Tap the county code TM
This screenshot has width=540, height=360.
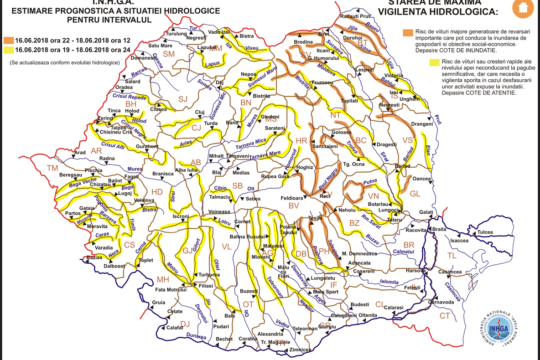tap(52, 168)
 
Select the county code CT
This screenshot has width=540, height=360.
tap(444, 316)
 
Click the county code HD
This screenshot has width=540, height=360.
tap(157, 191)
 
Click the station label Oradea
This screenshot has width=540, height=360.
tap(124, 87)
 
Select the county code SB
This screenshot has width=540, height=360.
tap(238, 186)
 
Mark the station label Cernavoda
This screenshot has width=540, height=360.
tap(441, 302)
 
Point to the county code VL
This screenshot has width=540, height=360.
tap(227, 247)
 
